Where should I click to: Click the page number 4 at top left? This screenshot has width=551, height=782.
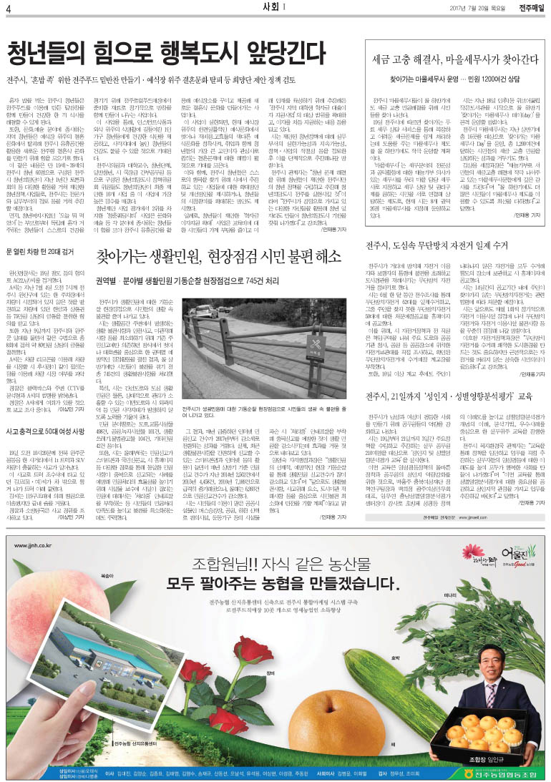9,8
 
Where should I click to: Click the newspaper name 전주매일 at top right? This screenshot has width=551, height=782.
530,8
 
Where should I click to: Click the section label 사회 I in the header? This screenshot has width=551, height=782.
274,7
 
